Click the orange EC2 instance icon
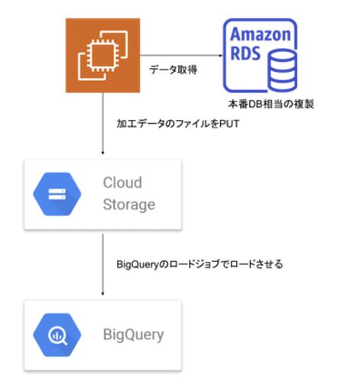[x=102, y=55]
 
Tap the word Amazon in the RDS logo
[x=261, y=34]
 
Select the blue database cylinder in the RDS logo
[x=283, y=70]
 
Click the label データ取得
[x=174, y=70]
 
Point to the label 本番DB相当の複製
[x=271, y=104]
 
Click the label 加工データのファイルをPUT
[x=178, y=124]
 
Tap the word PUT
[x=229, y=124]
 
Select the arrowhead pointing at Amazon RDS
[x=221, y=55]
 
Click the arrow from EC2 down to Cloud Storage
[x=102, y=124]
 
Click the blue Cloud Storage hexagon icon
[x=57, y=194]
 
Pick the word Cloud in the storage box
[x=122, y=183]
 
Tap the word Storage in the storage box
[x=129, y=205]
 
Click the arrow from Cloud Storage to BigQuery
[x=102, y=265]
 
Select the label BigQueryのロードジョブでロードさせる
[x=199, y=264]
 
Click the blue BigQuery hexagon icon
[x=57, y=335]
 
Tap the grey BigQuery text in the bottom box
[x=133, y=335]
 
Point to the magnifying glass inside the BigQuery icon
[x=58, y=336]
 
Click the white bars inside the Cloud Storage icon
[x=57, y=194]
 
